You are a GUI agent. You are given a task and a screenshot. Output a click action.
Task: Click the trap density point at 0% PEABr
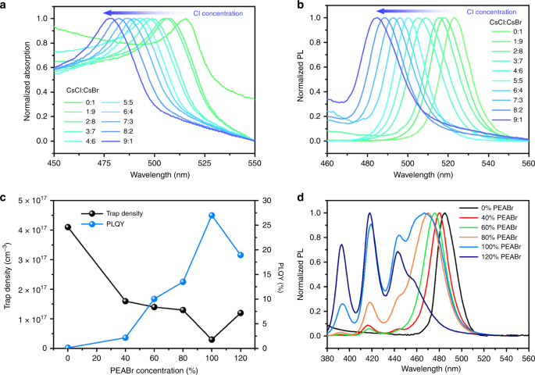pos(68,227)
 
